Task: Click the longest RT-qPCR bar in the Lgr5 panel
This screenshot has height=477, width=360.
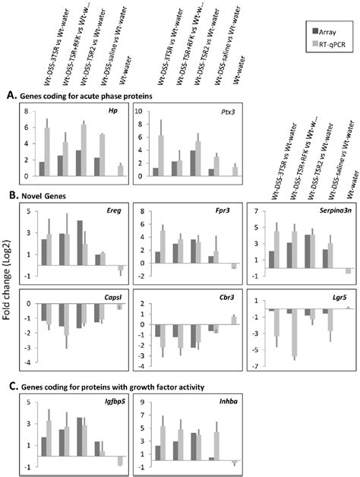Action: tap(294, 333)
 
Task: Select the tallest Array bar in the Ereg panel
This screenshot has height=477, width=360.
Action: tap(81, 239)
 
